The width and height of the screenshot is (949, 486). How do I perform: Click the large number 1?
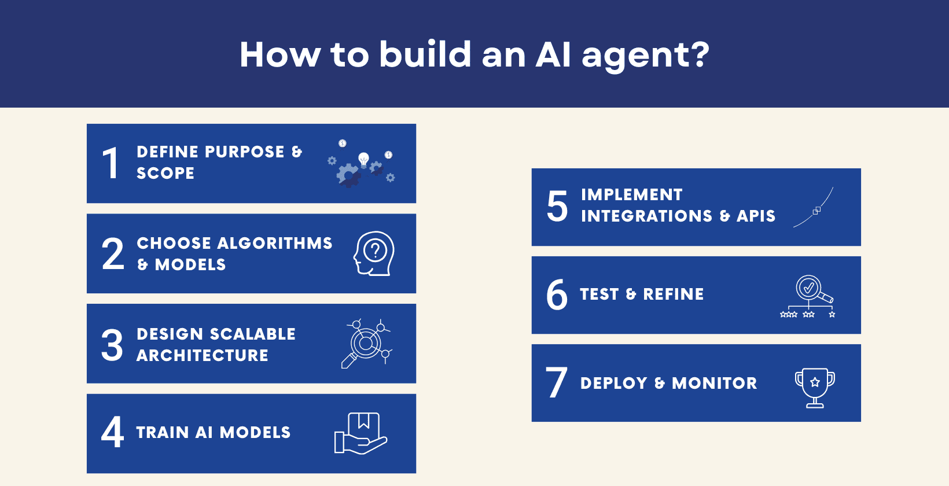pos(110,163)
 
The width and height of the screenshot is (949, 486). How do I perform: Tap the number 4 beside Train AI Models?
pos(112,432)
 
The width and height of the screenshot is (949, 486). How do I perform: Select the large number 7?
pos(556,382)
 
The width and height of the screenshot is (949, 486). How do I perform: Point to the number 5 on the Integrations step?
pos(557,206)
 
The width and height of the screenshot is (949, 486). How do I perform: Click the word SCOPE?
pos(165,173)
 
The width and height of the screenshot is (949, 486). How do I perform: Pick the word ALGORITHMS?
pos(275,243)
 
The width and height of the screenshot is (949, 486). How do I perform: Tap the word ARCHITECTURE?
pos(203,355)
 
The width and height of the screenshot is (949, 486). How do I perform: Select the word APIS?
pos(756,216)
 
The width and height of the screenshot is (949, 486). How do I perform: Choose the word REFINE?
pos(674,294)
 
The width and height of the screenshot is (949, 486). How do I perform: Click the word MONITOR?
pos(715,383)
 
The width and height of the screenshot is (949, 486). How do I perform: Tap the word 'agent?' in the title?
pos(645,55)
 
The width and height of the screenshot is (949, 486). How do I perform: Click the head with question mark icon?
pos(374,253)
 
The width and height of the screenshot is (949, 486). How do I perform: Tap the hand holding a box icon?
pos(361,433)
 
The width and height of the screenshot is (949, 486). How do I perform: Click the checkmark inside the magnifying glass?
pos(808,287)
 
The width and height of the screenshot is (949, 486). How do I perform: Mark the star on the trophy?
pos(815,382)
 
